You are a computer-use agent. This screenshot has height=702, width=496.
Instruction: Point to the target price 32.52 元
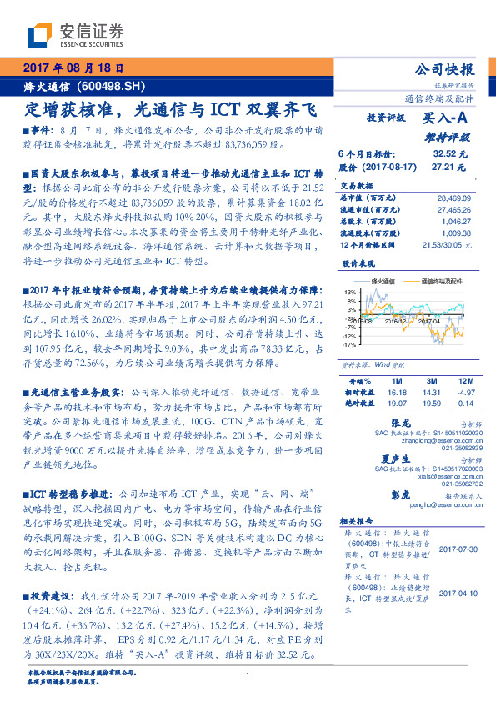(450, 153)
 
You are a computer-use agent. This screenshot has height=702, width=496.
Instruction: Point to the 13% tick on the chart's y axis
(351, 291)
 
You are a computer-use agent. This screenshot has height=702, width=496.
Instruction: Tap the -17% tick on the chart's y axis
(349, 343)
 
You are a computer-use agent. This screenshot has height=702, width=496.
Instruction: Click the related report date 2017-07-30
(455, 549)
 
